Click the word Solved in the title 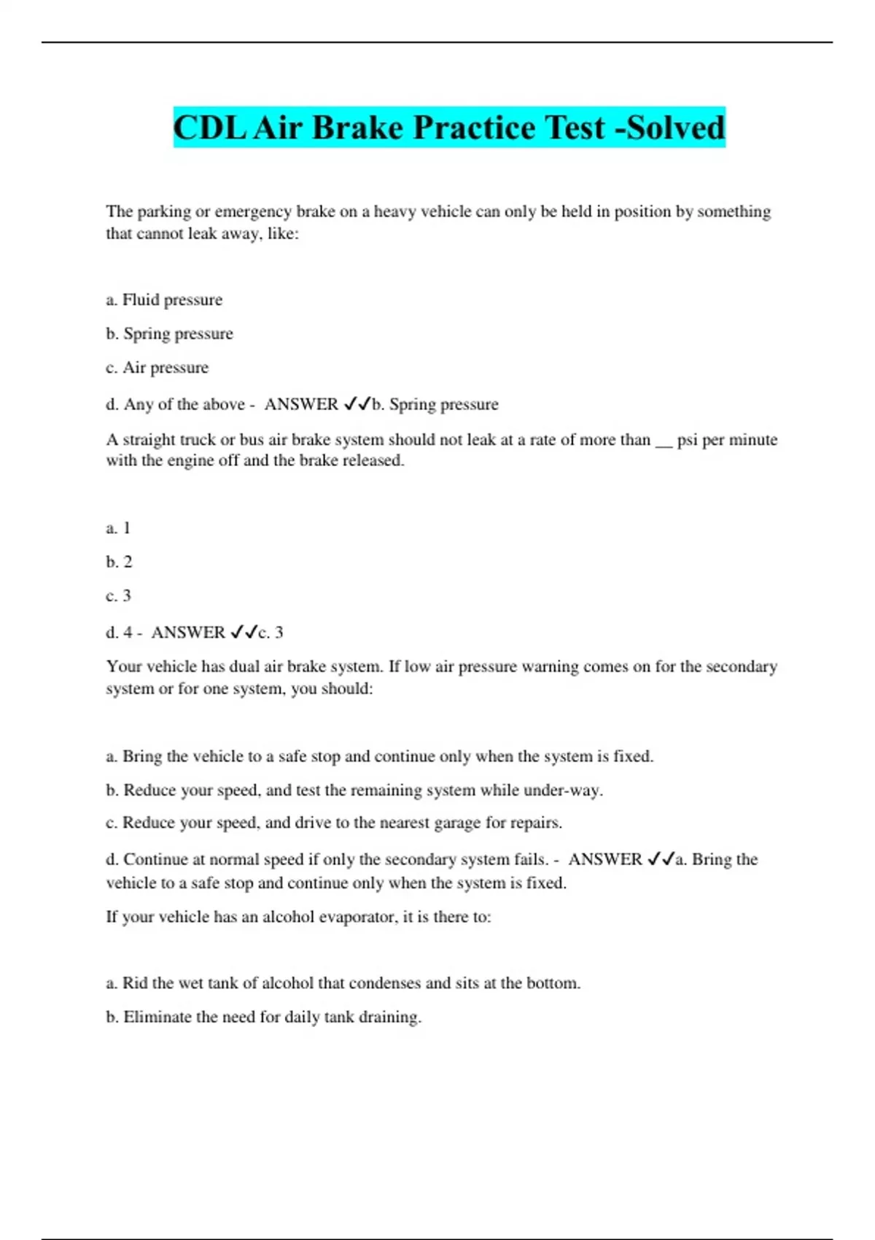coord(676,128)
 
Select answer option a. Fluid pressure coord(164,300)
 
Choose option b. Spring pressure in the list coord(169,333)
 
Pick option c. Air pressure coord(157,368)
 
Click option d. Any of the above coord(175,404)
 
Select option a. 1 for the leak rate coord(118,528)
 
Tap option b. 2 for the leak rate coord(119,562)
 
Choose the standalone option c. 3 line coord(118,596)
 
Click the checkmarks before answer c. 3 coord(244,632)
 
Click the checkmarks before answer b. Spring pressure coord(357,404)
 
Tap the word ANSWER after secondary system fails coord(605,859)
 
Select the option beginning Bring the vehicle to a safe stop coord(379,756)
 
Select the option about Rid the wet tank coord(343,983)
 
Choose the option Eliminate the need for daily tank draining coord(263,1017)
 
